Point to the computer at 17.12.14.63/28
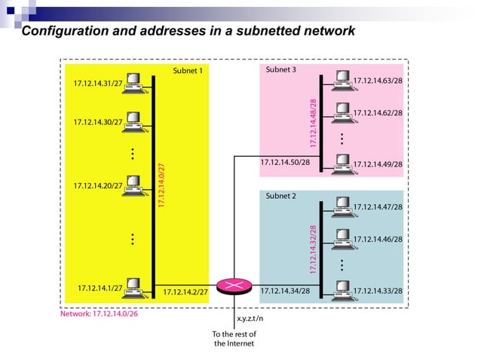(x=342, y=78)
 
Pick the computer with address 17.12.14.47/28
(x=342, y=204)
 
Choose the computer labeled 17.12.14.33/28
(x=342, y=288)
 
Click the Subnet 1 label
(x=187, y=71)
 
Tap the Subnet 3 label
(x=281, y=69)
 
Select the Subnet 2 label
(x=281, y=195)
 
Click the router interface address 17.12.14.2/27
(x=186, y=290)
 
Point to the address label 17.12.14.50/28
(x=285, y=162)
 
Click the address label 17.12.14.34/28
(x=285, y=290)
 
